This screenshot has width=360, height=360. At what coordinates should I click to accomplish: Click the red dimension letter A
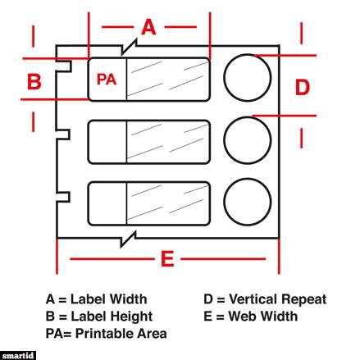pyautogui.click(x=148, y=27)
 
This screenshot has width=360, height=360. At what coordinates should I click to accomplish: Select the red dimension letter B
pyautogui.click(x=34, y=81)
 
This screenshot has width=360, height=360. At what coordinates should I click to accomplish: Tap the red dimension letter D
pyautogui.click(x=303, y=87)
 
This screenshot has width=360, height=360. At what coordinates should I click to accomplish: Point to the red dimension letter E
pyautogui.click(x=167, y=258)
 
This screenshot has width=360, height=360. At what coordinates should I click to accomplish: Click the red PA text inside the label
pyautogui.click(x=107, y=80)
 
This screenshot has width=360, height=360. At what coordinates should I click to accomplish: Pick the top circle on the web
pyautogui.click(x=224, y=78)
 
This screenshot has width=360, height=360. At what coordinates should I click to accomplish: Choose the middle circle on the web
pyautogui.click(x=224, y=140)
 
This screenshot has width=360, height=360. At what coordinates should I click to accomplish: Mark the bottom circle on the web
pyautogui.click(x=224, y=202)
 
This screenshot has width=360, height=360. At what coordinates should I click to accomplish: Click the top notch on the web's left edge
pyautogui.click(x=71, y=66)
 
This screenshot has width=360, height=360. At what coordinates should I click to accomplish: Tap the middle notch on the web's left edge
pyautogui.click(x=69, y=134)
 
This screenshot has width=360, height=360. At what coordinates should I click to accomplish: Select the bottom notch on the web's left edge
pyautogui.click(x=69, y=197)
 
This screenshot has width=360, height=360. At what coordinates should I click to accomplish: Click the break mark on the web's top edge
pyautogui.click(x=129, y=48)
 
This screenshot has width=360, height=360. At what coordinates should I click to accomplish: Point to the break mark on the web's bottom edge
pyautogui.click(x=128, y=239)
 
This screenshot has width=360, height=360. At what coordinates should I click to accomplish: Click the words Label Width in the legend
pyautogui.click(x=109, y=299)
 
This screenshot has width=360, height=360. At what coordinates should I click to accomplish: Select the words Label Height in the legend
pyautogui.click(x=112, y=317)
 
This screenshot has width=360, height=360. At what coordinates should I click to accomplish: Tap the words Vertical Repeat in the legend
pyautogui.click(x=278, y=299)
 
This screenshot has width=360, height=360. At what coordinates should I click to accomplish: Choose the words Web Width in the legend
pyautogui.click(x=263, y=317)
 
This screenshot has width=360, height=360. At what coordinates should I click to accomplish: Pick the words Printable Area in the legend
pyautogui.click(x=121, y=334)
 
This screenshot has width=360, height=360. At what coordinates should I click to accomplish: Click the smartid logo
pyautogui.click(x=18, y=356)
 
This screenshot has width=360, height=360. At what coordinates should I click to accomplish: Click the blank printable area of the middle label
pyautogui.click(x=107, y=142)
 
